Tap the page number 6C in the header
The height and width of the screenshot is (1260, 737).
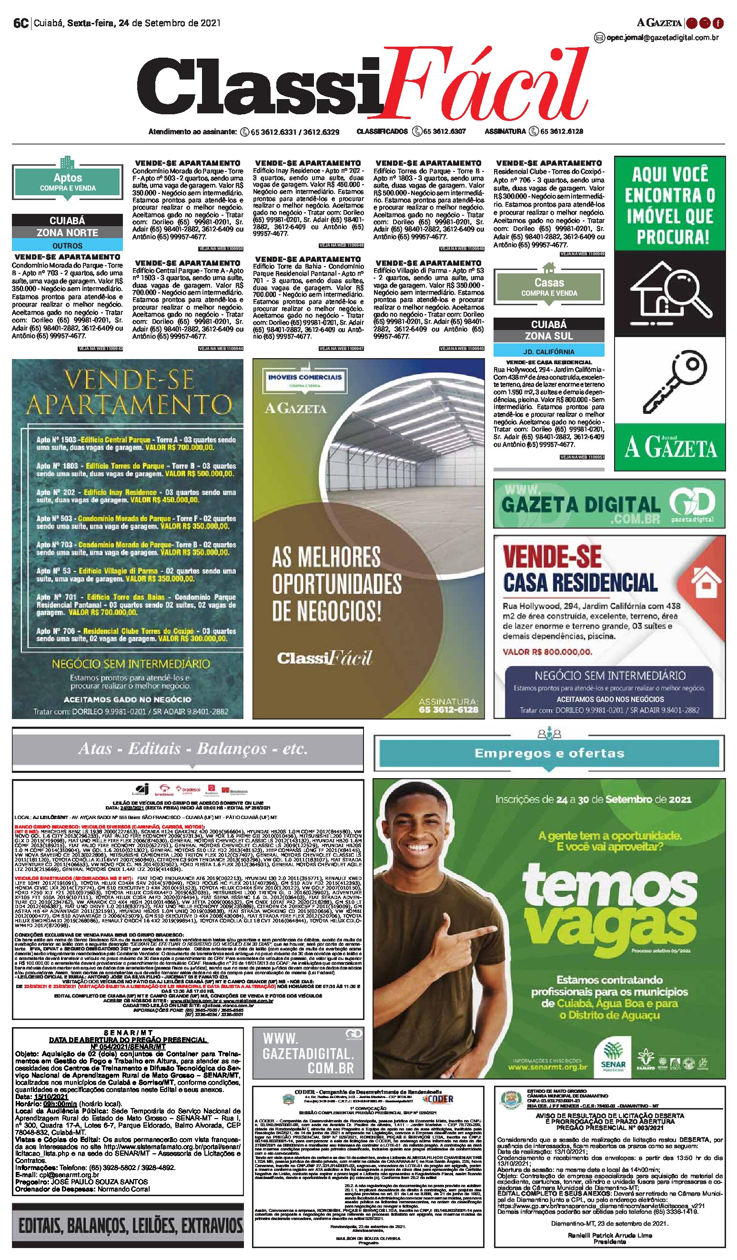pyautogui.click(x=20, y=23)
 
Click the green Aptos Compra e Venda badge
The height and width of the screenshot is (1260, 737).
pyautogui.click(x=68, y=182)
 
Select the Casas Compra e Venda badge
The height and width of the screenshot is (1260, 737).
pyautogui.click(x=549, y=287)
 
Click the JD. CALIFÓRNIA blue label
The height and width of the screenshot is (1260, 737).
pyautogui.click(x=549, y=351)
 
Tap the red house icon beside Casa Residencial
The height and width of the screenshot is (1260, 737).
pyautogui.click(x=706, y=580)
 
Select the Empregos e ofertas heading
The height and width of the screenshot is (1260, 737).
pyautogui.click(x=549, y=753)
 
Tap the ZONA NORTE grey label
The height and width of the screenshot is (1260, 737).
pyautogui.click(x=68, y=232)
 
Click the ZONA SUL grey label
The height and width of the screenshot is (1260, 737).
pyautogui.click(x=549, y=336)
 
